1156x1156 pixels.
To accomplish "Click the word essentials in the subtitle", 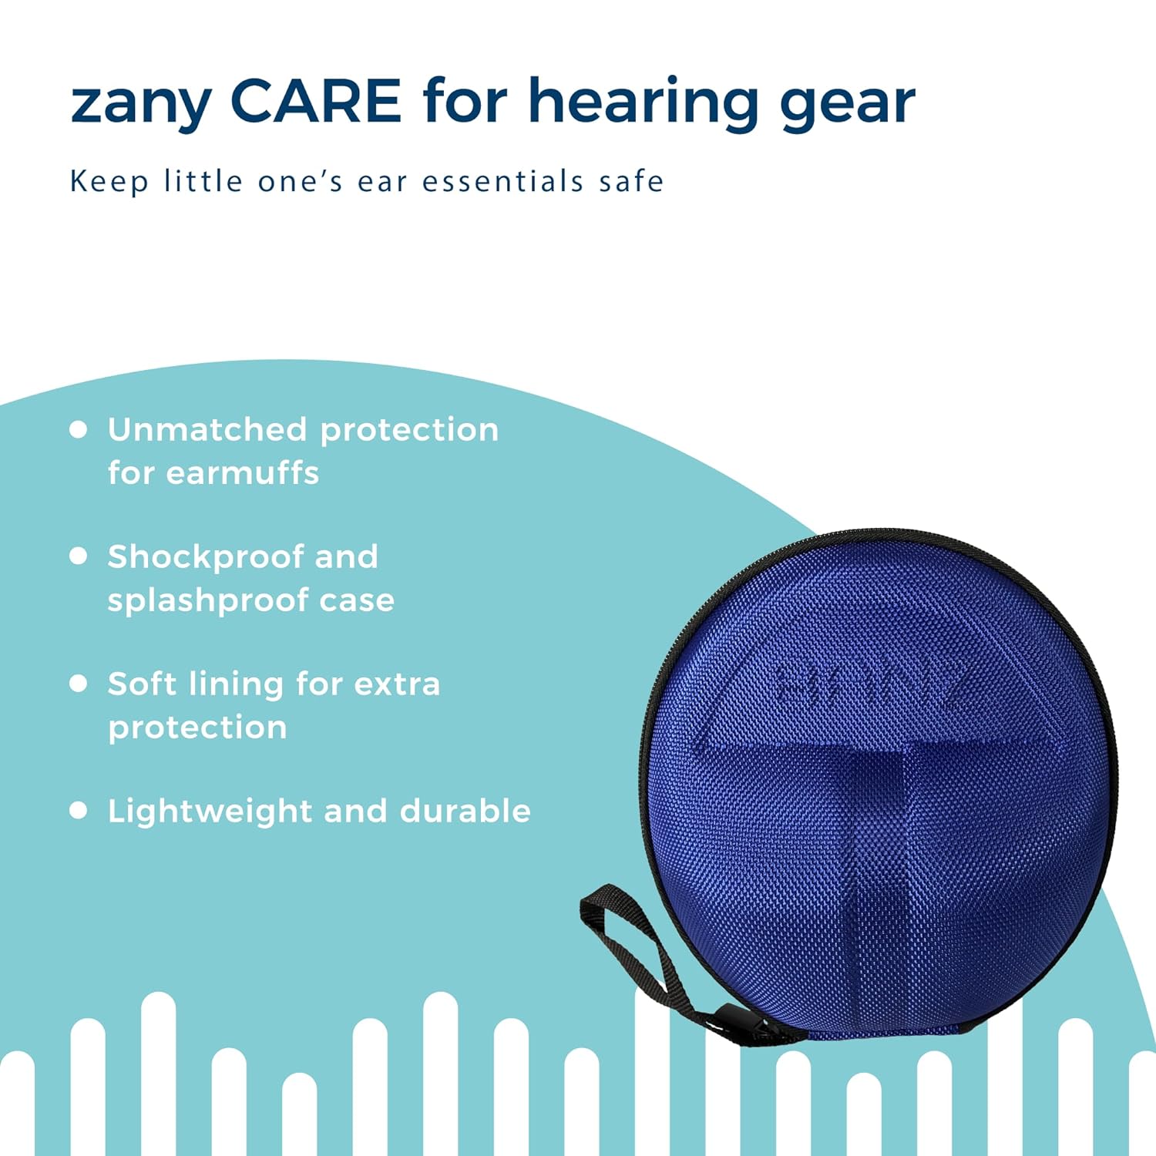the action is coord(502,182).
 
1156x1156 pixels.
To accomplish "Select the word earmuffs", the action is coord(242,472).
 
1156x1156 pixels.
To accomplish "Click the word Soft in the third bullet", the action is coord(142,684).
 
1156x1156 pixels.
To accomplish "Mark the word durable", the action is coord(465,811).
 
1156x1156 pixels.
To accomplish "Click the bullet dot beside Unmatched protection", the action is coord(78,429).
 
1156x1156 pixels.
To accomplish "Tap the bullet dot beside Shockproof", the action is coord(78,556).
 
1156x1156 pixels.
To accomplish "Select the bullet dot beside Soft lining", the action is coord(78,683).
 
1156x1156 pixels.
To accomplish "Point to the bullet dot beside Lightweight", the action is coord(78,810).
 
